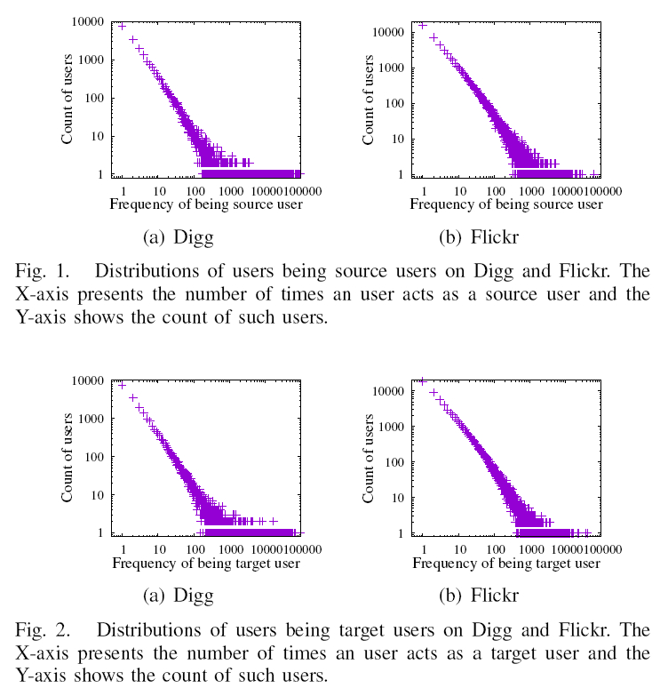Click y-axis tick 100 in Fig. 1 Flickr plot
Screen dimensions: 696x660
click(x=392, y=103)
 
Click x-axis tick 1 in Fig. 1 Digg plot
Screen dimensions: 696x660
click(x=122, y=191)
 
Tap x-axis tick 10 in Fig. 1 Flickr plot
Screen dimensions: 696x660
click(x=459, y=191)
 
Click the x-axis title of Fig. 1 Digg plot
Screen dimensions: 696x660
click(x=205, y=205)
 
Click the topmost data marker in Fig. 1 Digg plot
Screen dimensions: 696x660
click(x=122, y=26)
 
